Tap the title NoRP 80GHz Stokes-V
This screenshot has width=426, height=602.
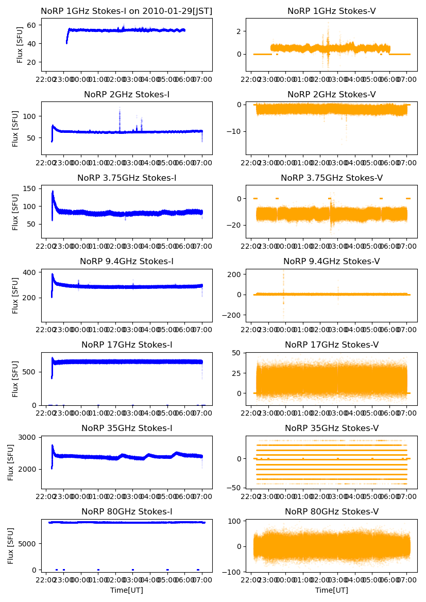[x=332, y=511]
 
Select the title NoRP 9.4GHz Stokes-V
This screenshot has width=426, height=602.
[x=332, y=261]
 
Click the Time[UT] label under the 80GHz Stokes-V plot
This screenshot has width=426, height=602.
[x=332, y=590]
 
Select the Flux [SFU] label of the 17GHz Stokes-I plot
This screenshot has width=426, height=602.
[x=15, y=379]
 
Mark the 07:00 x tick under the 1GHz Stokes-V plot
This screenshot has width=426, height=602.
[x=406, y=80]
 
